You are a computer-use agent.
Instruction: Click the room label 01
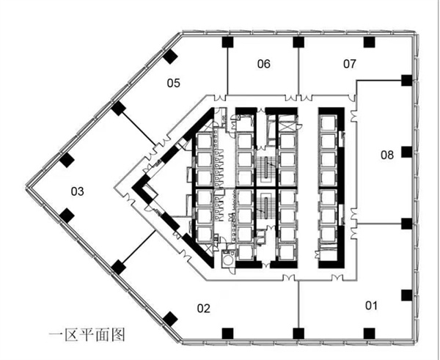point(371,305)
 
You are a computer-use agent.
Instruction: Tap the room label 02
point(203,309)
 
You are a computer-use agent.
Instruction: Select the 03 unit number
point(77,191)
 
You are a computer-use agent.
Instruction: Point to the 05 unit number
point(173,83)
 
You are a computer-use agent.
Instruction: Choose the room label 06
point(264,64)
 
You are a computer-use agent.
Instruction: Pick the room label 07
point(349,64)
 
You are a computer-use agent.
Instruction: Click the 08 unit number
point(387,155)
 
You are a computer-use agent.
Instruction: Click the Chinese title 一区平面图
point(87,335)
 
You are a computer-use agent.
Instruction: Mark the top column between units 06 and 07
point(298,42)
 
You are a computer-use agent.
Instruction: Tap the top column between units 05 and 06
point(227,42)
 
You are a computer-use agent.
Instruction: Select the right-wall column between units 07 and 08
point(406,80)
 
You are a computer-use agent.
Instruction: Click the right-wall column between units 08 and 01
point(406,224)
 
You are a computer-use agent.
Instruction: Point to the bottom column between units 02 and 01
point(298,334)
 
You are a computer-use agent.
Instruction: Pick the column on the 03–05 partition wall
point(118,109)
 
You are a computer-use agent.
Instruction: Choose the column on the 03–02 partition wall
point(118,267)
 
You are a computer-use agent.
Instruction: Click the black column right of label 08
point(406,152)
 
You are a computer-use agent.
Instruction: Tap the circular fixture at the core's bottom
point(228,260)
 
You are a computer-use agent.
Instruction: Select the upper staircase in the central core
point(265,167)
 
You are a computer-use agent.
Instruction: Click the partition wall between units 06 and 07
point(298,71)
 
